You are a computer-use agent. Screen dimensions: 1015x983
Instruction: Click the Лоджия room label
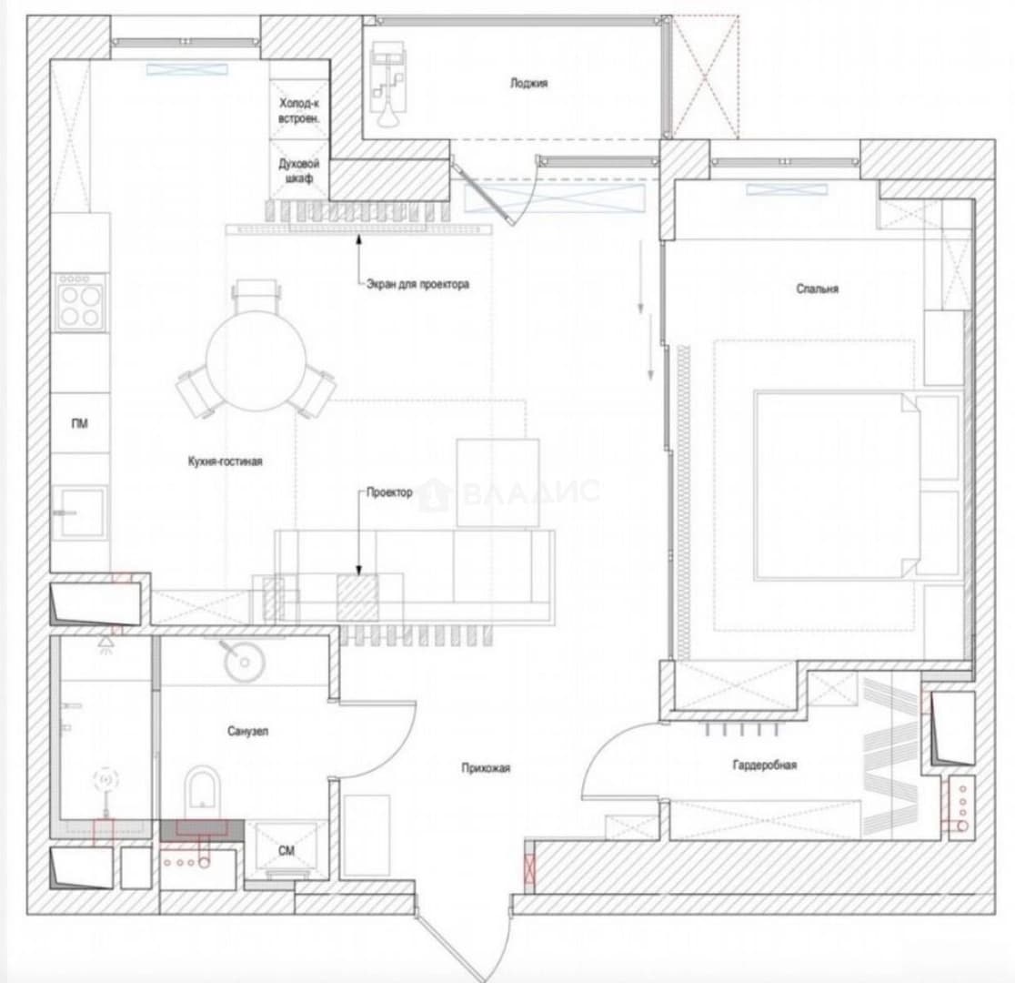click(x=528, y=83)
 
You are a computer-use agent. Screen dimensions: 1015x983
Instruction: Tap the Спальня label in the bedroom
click(x=817, y=289)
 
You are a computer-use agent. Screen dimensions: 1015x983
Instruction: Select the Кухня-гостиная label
click(x=226, y=461)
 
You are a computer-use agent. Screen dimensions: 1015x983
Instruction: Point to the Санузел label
click(x=248, y=731)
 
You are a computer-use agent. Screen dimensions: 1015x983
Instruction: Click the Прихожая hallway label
click(x=487, y=768)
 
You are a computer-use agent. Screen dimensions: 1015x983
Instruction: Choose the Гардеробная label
click(x=765, y=765)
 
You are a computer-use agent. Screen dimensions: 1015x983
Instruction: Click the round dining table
click(x=256, y=360)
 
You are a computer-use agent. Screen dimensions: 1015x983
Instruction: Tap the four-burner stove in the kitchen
click(x=81, y=303)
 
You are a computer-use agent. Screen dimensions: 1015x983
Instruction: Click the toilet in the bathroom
click(x=203, y=793)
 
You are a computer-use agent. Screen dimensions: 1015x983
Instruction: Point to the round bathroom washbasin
click(x=244, y=662)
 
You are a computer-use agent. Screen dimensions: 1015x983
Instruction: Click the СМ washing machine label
click(x=286, y=850)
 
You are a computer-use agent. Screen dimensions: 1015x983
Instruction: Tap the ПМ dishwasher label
click(x=80, y=424)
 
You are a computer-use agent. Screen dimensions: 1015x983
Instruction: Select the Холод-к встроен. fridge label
click(x=299, y=111)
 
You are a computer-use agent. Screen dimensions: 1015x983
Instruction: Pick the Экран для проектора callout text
click(x=417, y=284)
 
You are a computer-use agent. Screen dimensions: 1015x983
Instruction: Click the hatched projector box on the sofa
click(x=357, y=597)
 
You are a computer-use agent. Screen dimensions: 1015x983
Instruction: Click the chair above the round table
click(x=257, y=295)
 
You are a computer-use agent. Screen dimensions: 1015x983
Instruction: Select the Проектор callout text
click(x=389, y=492)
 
